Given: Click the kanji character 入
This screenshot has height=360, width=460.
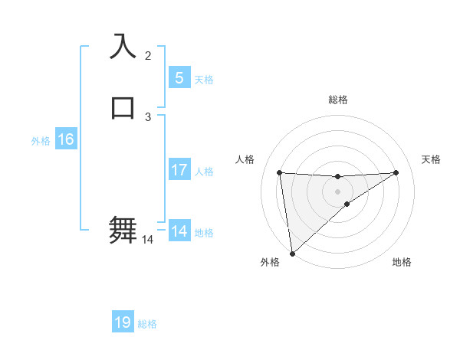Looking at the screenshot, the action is [123, 47].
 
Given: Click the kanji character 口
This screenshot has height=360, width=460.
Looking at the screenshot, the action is [123, 107].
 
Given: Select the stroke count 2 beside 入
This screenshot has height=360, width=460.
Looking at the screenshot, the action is [148, 56].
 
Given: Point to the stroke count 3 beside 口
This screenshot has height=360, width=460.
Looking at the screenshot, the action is [148, 116].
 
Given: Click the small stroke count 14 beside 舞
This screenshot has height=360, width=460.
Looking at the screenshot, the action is [148, 240].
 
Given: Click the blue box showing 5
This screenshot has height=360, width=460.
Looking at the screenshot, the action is [179, 77].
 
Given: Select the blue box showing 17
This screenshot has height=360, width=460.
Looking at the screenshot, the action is [179, 170].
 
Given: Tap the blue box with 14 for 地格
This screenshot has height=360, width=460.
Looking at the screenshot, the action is [179, 231].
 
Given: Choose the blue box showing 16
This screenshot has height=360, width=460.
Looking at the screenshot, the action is [65, 139].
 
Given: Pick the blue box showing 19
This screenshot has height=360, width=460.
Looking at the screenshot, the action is [123, 322].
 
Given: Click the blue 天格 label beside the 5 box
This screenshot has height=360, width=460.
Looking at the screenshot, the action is [204, 80].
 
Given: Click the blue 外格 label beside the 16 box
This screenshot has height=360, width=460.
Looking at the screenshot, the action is [41, 141].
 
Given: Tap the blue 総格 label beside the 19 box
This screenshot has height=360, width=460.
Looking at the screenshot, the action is [147, 324].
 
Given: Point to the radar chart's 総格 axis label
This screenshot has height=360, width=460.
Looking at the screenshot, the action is [337, 100].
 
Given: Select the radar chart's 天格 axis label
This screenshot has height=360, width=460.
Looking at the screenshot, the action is [431, 159].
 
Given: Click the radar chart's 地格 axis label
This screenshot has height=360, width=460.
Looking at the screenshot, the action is [402, 262].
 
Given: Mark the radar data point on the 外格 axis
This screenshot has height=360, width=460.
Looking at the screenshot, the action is [291, 253].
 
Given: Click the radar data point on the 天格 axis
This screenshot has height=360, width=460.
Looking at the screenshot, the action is [396, 172].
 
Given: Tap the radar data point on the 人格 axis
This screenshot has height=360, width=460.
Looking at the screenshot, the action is [279, 172].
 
